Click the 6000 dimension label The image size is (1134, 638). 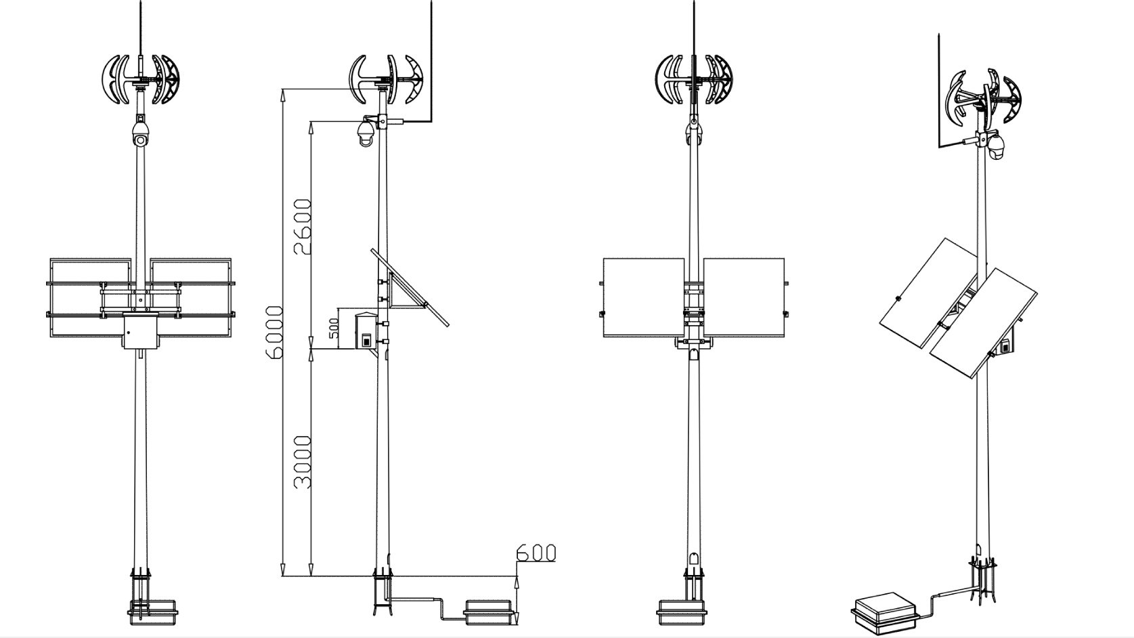point(275,333)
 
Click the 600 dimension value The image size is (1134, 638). point(536,553)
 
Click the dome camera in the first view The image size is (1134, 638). point(141,132)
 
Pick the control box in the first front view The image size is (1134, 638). point(141,331)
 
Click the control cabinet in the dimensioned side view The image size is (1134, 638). point(366,331)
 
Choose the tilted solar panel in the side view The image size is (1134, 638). point(410,287)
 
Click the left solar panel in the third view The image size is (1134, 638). point(643,297)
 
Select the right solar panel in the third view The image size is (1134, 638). point(743,297)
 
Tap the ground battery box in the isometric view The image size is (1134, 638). point(885,612)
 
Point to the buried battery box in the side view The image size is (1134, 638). point(489,612)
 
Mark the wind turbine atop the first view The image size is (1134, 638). point(141,79)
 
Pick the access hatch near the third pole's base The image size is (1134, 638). point(693,563)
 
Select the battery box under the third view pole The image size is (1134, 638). point(681,612)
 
